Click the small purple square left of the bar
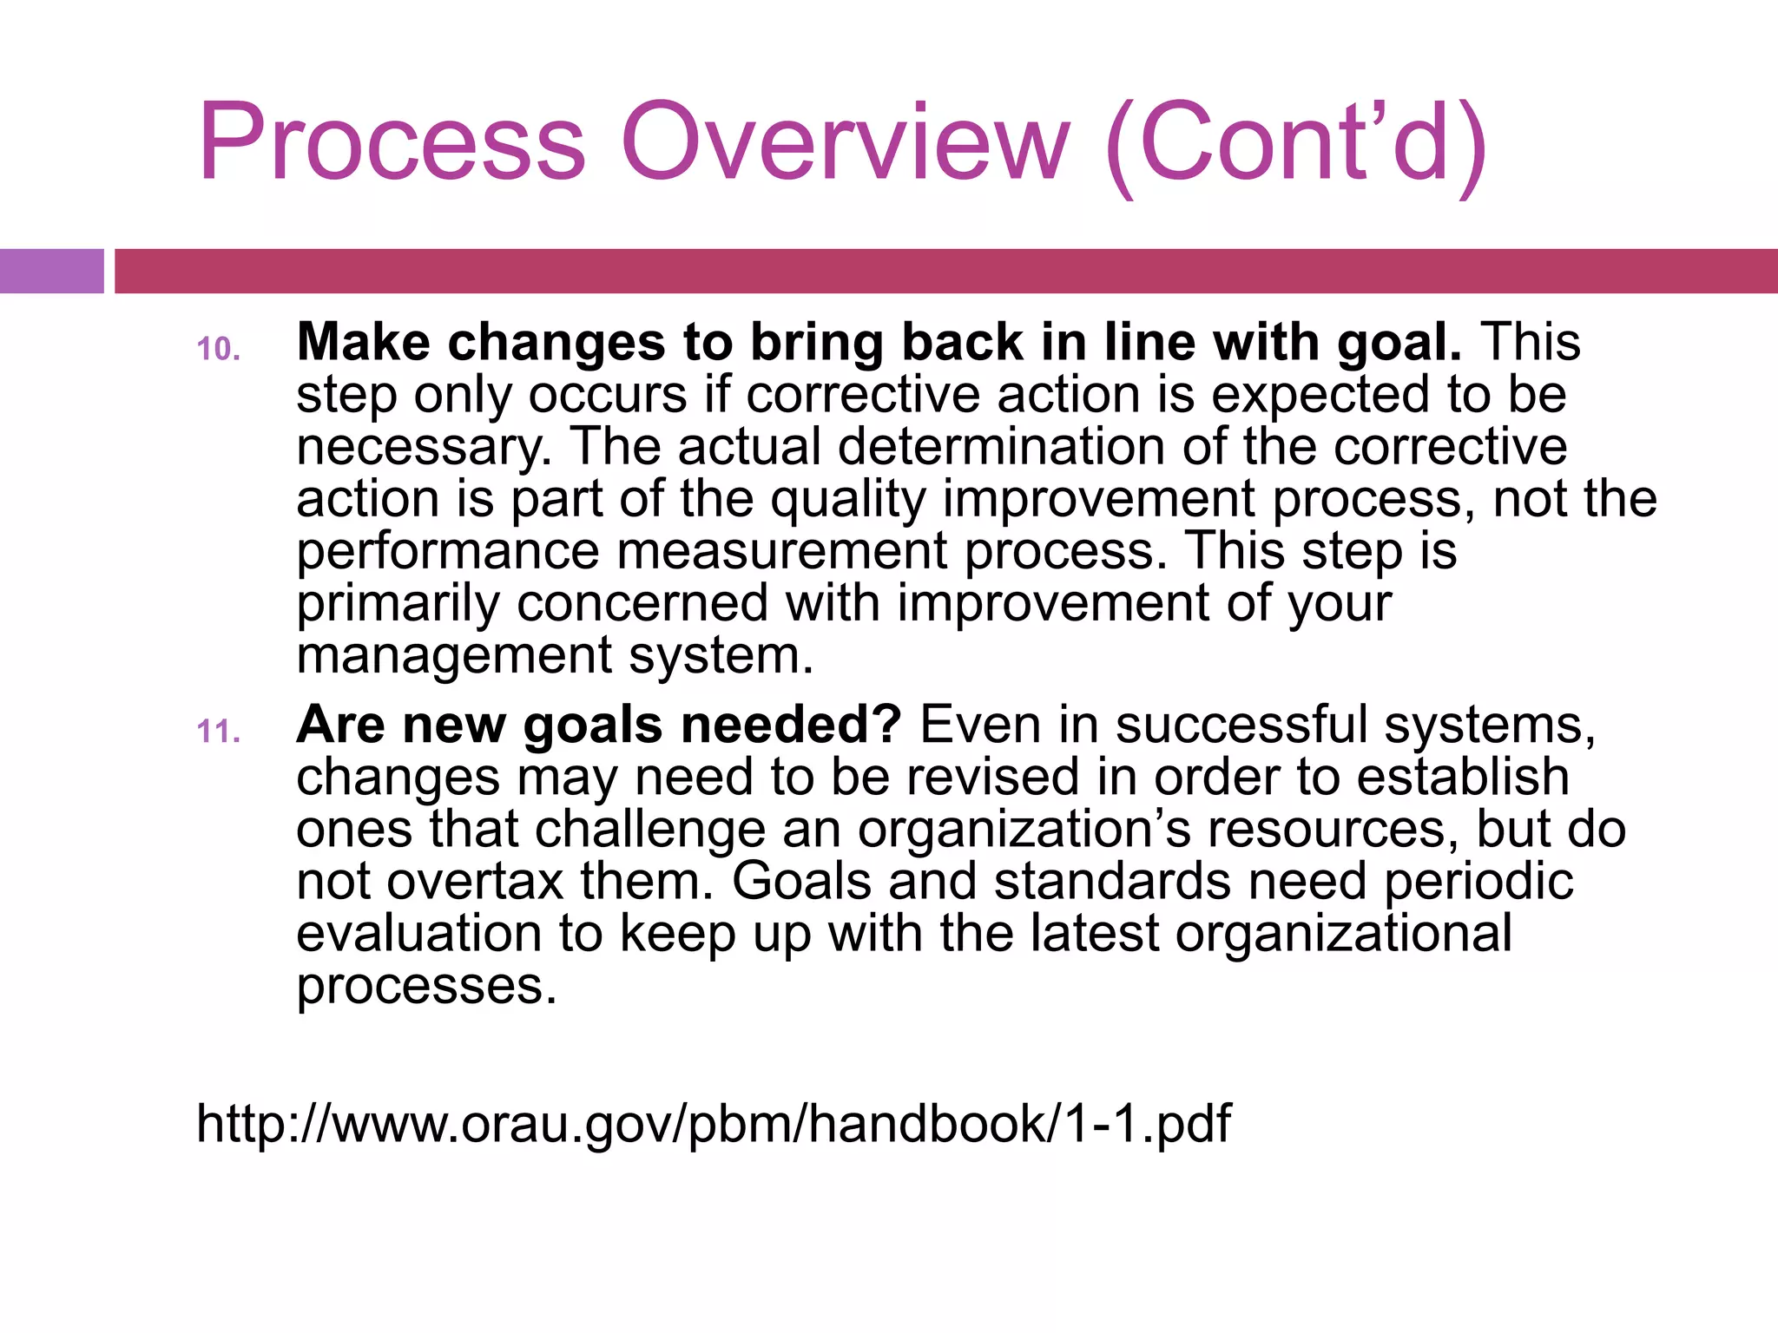click(x=51, y=271)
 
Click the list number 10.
click(x=218, y=349)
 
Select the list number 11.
click(x=218, y=732)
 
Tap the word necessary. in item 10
click(x=425, y=448)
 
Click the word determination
click(x=1001, y=446)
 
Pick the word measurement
click(x=781, y=551)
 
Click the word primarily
click(x=398, y=605)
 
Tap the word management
click(x=454, y=656)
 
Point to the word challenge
click(x=650, y=831)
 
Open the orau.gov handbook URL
click(x=713, y=1124)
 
